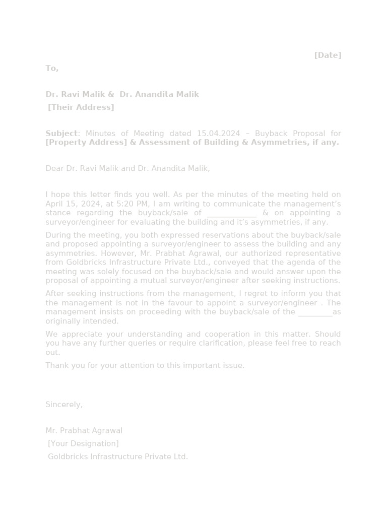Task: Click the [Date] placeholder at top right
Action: pyautogui.click(x=328, y=55)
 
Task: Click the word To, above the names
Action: pyautogui.click(x=52, y=69)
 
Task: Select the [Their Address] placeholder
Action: pyautogui.click(x=81, y=107)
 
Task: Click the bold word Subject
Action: pyautogui.click(x=61, y=134)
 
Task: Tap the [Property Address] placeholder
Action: pyautogui.click(x=86, y=143)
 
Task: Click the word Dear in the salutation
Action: pyautogui.click(x=54, y=169)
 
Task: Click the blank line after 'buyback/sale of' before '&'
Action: pyautogui.click(x=232, y=213)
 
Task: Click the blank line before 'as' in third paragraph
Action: pyautogui.click(x=315, y=312)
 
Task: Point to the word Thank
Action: pyautogui.click(x=56, y=366)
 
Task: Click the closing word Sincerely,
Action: pyautogui.click(x=64, y=405)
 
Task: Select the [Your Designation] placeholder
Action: pyautogui.click(x=83, y=444)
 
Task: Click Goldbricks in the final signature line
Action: pyautogui.click(x=68, y=457)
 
